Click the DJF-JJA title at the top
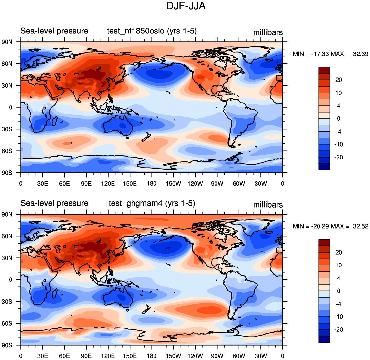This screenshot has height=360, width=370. [186, 6]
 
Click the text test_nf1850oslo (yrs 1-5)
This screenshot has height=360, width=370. [152, 31]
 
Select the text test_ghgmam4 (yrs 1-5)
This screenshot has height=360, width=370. [152, 203]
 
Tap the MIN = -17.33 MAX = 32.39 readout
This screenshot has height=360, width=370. [330, 54]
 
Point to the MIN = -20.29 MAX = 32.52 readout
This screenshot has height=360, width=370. [330, 226]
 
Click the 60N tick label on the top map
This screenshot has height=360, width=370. [7, 64]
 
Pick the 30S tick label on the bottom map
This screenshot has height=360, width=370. [7, 302]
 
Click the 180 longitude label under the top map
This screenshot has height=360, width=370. [152, 184]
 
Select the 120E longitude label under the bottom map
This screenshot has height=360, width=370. [108, 356]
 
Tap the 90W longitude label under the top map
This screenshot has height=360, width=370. [217, 184]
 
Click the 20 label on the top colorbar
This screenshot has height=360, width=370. [339, 80]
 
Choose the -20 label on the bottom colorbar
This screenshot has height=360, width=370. [339, 329]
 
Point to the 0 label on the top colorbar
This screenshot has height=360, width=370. [339, 118]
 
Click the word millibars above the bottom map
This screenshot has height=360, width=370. [268, 205]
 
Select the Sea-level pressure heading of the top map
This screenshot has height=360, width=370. [54, 31]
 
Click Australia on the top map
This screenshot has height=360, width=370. [118, 125]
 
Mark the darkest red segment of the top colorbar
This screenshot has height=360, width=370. [324, 70]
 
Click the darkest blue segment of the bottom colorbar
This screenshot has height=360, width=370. [324, 339]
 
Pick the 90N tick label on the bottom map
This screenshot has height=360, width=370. [7, 214]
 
